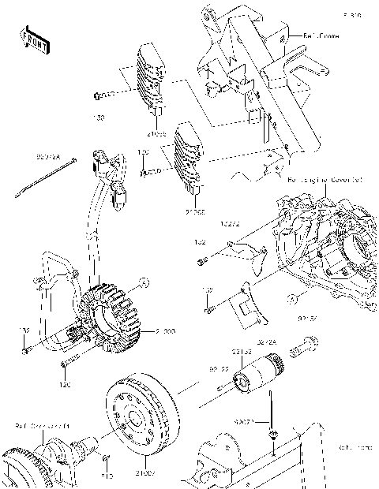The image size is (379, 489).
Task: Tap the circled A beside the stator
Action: [144, 282]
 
